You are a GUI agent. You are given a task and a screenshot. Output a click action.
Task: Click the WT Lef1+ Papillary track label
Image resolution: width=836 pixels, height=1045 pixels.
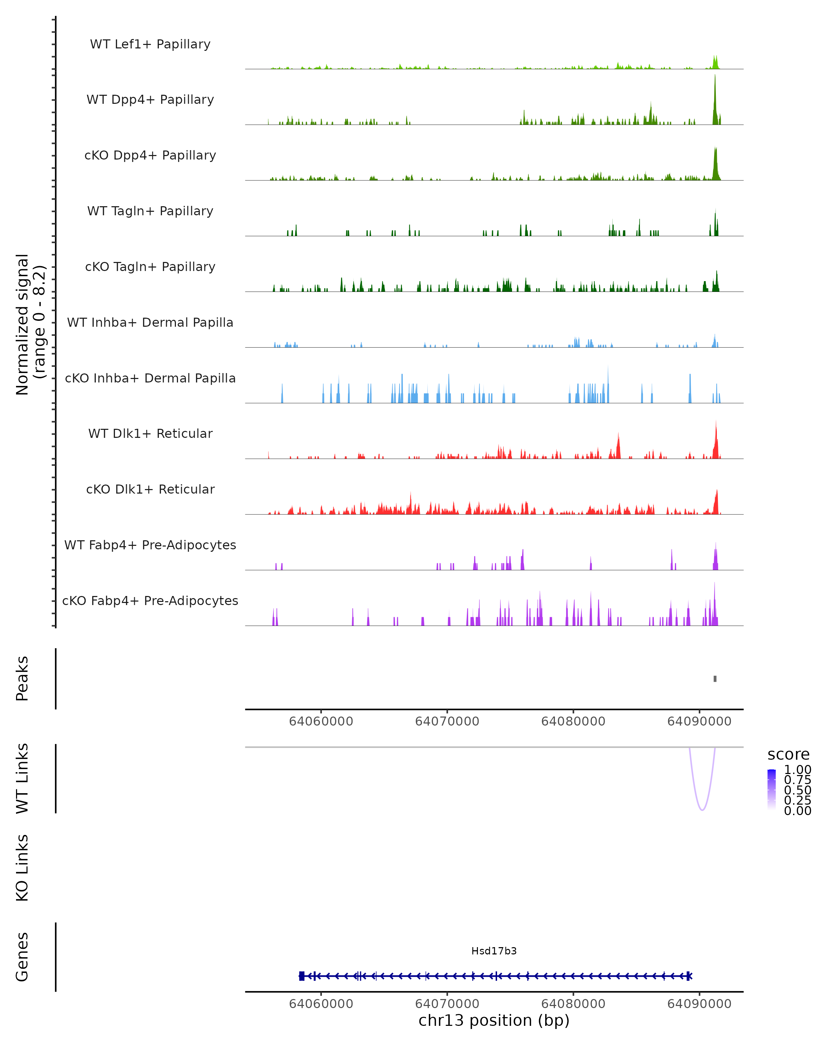[x=150, y=44]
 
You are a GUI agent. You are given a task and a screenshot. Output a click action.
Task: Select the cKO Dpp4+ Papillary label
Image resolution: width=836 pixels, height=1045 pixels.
[x=150, y=155]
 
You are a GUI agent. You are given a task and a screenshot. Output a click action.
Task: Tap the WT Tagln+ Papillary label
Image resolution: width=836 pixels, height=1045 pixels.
[x=150, y=211]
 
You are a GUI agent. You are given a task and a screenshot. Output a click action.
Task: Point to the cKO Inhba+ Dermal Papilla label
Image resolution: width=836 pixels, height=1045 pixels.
[x=150, y=378]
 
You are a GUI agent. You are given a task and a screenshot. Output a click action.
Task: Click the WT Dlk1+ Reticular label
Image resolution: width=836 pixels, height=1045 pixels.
[x=150, y=433]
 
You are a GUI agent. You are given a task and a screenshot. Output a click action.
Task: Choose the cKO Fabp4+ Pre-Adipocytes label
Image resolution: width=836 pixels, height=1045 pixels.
[x=150, y=601]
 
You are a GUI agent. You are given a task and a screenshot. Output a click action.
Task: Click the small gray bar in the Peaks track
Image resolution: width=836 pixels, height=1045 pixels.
[x=715, y=679]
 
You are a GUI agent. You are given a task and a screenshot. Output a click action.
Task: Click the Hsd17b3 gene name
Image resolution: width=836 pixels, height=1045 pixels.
[x=494, y=951]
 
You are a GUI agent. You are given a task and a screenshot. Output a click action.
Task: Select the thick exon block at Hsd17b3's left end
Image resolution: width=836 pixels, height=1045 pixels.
[x=301, y=976]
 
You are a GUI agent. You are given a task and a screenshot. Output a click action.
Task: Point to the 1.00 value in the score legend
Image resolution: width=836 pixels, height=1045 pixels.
[x=797, y=770]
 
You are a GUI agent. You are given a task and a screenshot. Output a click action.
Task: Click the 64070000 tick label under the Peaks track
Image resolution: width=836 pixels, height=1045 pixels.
[x=447, y=721]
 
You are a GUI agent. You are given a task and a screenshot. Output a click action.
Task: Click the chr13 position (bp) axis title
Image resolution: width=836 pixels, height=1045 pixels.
[x=494, y=1020]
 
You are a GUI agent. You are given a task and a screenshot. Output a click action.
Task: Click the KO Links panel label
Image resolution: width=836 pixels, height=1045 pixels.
[x=22, y=868]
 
